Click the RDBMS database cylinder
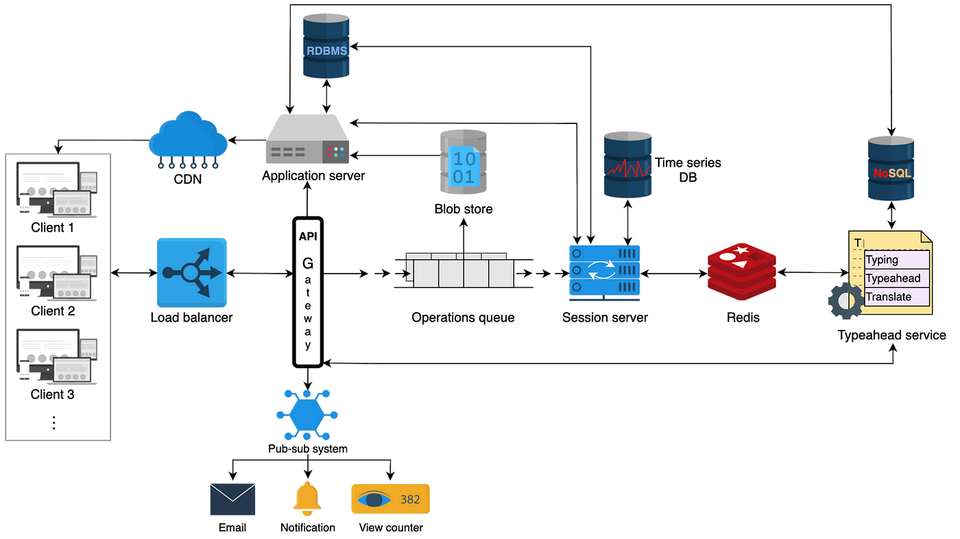[x=326, y=46]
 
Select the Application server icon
[x=309, y=140]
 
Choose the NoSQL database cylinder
[x=891, y=167]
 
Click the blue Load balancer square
[x=191, y=272]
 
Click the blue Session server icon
[x=604, y=273]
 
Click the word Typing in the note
[x=882, y=260]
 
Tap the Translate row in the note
[x=889, y=297]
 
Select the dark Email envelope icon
[x=232, y=499]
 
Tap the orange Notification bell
[x=307, y=499]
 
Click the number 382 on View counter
[x=410, y=499]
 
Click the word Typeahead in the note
[x=893, y=278]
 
